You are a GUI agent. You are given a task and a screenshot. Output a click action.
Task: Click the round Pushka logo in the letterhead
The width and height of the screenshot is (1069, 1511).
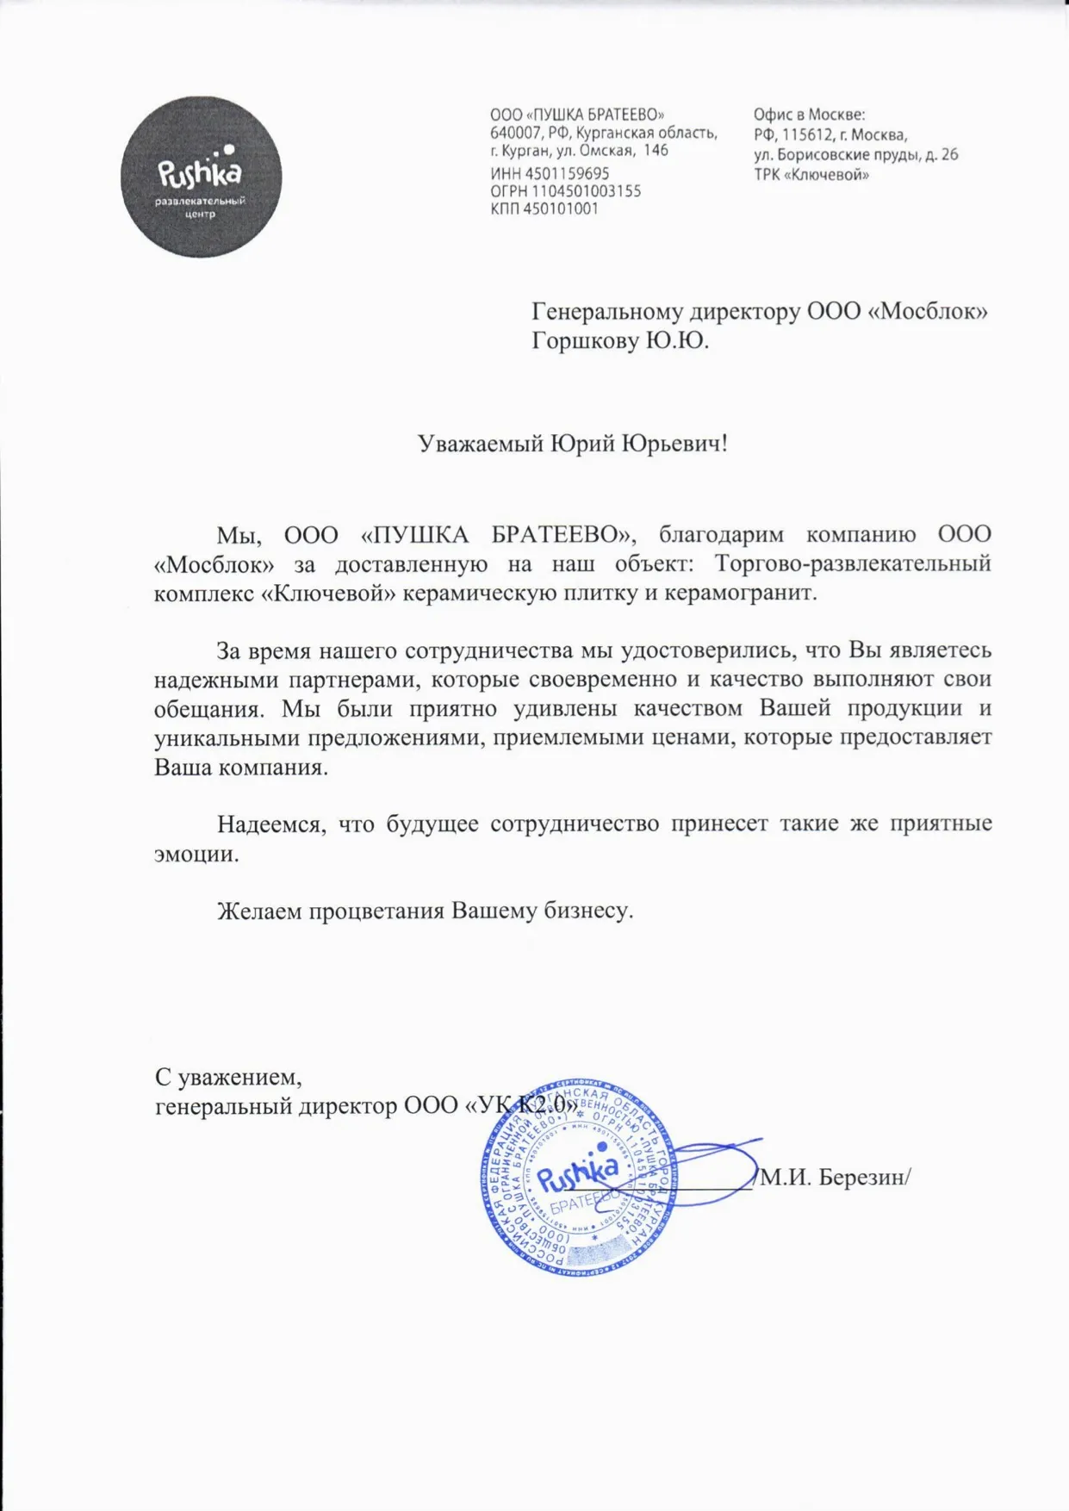201,177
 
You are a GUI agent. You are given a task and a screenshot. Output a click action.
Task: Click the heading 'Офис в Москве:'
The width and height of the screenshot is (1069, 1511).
809,115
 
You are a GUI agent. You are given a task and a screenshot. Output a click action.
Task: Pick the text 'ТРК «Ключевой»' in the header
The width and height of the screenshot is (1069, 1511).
811,175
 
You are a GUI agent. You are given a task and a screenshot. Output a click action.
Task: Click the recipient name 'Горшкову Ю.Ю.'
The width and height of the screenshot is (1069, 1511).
620,341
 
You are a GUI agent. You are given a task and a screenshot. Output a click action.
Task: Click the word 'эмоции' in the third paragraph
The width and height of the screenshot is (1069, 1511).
194,854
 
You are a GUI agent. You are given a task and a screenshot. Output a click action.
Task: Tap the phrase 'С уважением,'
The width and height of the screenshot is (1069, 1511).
228,1077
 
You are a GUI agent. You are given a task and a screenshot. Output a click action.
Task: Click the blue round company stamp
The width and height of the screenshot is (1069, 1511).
579,1176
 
